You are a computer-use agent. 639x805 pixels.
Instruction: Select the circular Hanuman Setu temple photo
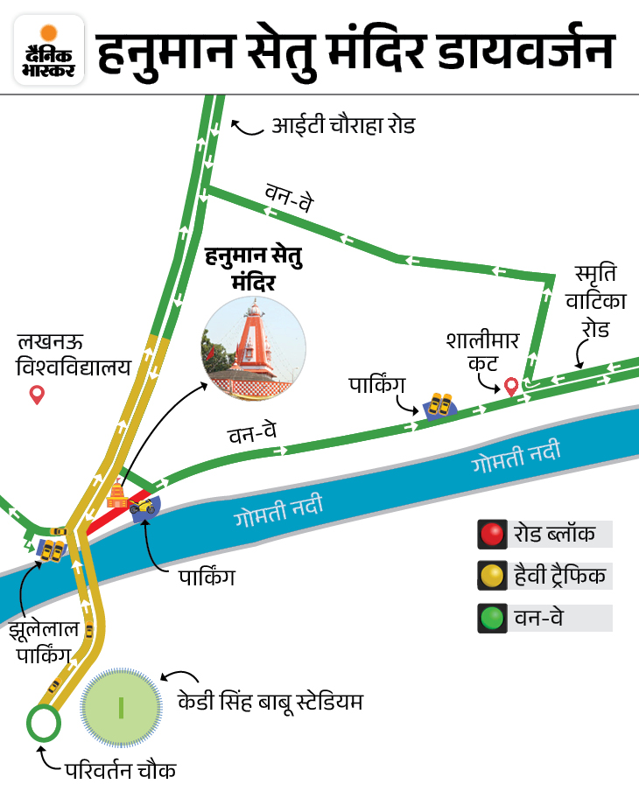254,341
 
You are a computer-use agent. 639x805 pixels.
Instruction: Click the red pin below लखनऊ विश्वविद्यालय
37,395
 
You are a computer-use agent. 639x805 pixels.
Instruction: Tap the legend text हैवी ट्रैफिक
560,577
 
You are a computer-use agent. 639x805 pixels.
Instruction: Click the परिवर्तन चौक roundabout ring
43,723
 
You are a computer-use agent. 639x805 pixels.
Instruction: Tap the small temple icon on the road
116,497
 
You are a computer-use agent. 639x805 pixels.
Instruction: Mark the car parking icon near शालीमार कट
438,405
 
